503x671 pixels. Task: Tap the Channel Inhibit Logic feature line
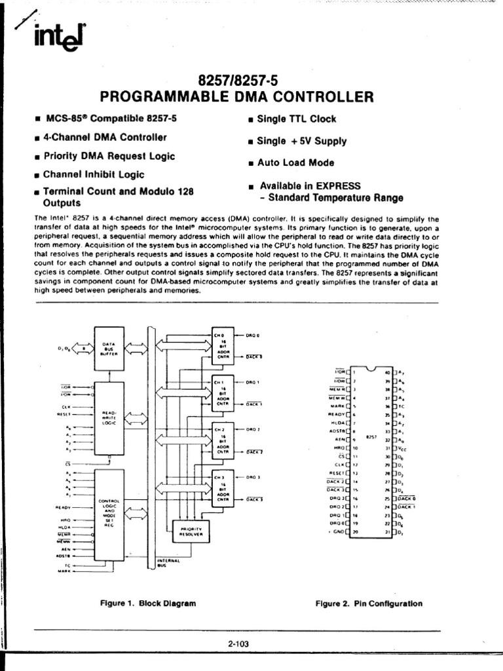pyautogui.click(x=93, y=175)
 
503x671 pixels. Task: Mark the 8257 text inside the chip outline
pyautogui.click(x=371, y=436)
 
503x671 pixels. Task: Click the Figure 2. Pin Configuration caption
pyautogui.click(x=369, y=604)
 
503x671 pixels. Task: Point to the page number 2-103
pyautogui.click(x=239, y=644)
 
